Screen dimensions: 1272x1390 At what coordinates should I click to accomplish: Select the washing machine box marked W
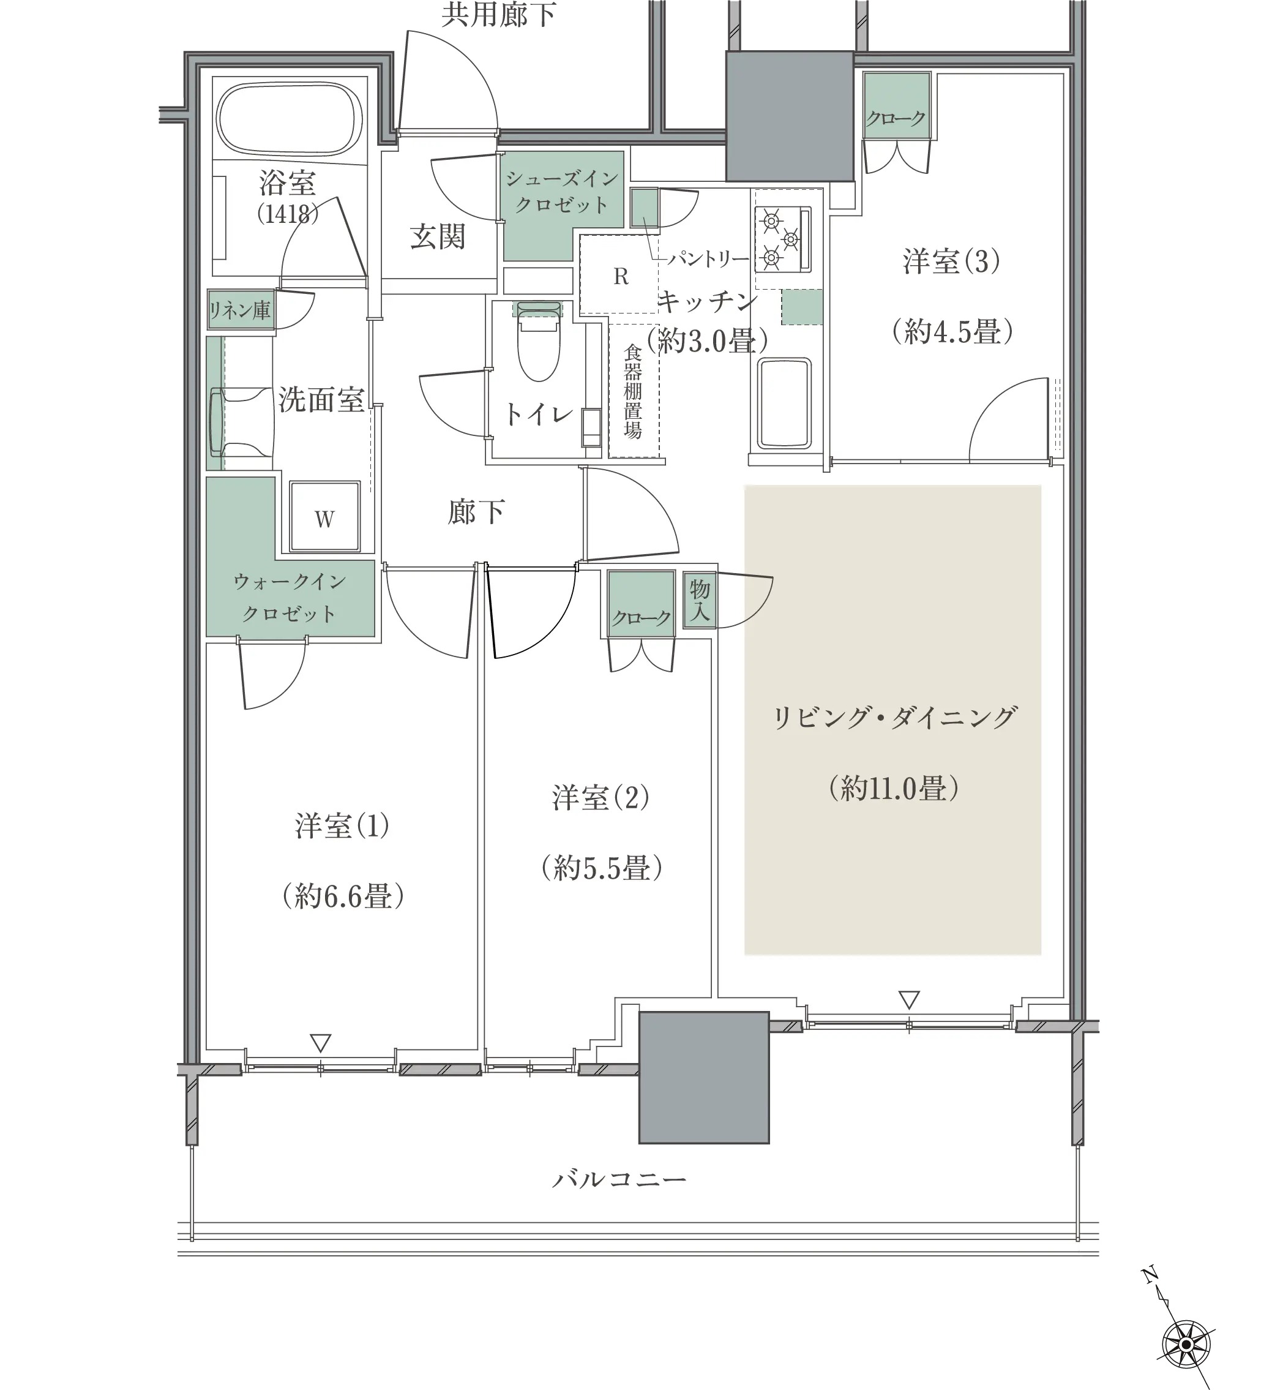tap(324, 516)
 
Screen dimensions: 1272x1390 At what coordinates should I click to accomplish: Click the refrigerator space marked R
tap(620, 276)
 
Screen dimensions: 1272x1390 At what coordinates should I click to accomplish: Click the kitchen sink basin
tap(784, 404)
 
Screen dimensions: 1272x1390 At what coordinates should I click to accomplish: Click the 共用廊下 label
tap(498, 15)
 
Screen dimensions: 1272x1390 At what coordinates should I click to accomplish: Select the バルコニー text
tap(618, 1180)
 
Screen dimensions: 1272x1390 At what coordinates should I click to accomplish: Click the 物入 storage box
tap(700, 600)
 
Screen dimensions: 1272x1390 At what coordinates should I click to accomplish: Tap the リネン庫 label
tap(240, 310)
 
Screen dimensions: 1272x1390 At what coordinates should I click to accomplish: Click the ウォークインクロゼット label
tap(290, 597)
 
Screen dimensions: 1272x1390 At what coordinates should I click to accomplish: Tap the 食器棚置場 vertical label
tap(633, 391)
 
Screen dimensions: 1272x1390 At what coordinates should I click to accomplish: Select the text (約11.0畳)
tap(894, 787)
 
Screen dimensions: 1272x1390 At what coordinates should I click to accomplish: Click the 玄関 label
tap(438, 236)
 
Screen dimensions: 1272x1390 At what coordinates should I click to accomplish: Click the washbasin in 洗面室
tap(241, 421)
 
